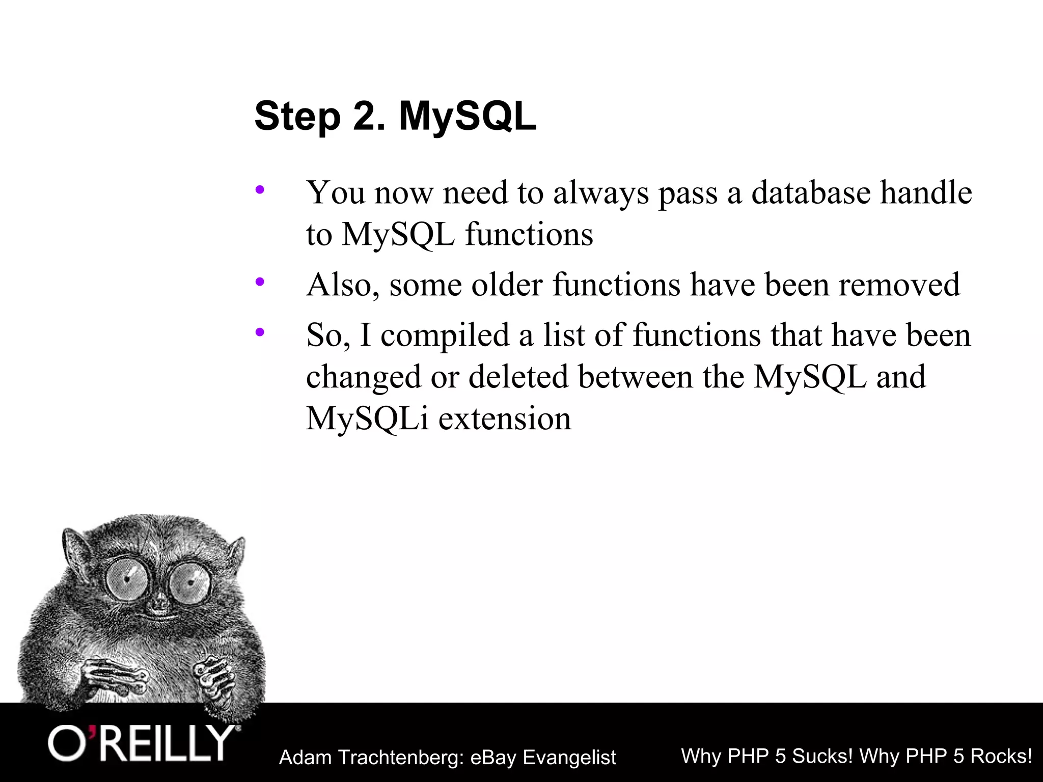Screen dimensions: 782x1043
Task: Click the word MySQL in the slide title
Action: pyautogui.click(x=467, y=117)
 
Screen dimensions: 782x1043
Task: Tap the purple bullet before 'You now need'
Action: pyautogui.click(x=260, y=190)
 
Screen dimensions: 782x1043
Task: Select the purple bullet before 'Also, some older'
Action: pyautogui.click(x=260, y=281)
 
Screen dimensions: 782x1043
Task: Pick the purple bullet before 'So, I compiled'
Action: pyautogui.click(x=260, y=332)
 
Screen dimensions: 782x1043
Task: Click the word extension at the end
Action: pyautogui.click(x=505, y=418)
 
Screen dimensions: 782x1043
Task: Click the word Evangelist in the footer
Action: pyautogui.click(x=569, y=758)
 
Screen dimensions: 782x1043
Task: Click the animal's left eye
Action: pyautogui.click(x=125, y=578)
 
